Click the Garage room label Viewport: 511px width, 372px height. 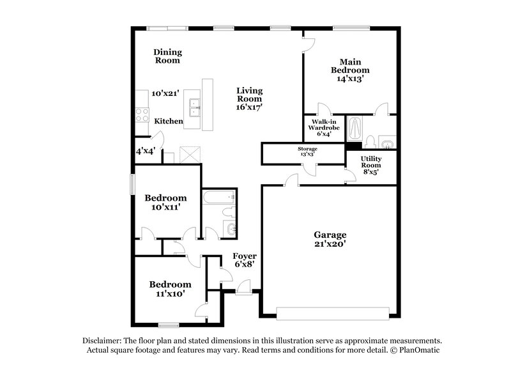pyautogui.click(x=329, y=238)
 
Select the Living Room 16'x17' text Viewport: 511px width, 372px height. pyautogui.click(x=249, y=99)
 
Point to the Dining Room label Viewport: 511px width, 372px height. pyautogui.click(x=167, y=56)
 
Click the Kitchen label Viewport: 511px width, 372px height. pyautogui.click(x=169, y=121)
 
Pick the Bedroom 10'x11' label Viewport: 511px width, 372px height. pyautogui.click(x=165, y=203)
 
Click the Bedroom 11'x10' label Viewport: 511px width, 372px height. pyautogui.click(x=170, y=289)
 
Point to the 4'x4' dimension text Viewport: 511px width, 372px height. pyautogui.click(x=146, y=152)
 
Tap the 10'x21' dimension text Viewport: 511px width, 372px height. pyautogui.click(x=165, y=93)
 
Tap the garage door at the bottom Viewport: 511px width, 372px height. pyautogui.click(x=332, y=313)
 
